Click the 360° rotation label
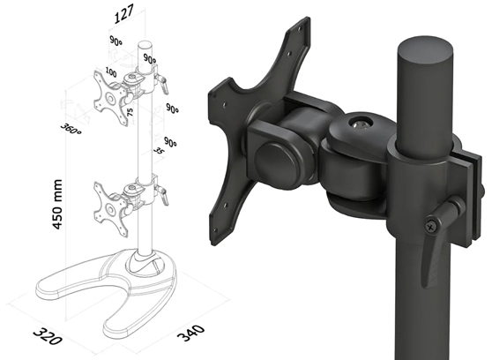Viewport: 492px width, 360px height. tap(71, 125)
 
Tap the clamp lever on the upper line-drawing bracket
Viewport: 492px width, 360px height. tap(161, 81)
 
